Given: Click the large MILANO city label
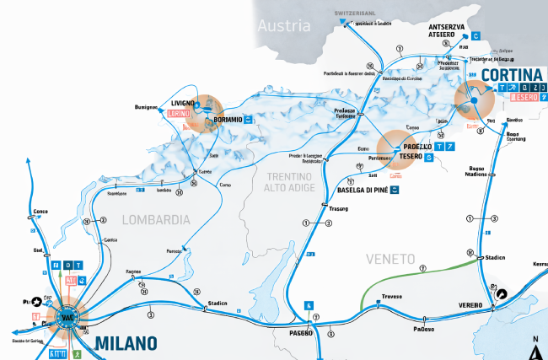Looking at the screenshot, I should pos(126,343).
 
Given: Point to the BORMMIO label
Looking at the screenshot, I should pos(228,121).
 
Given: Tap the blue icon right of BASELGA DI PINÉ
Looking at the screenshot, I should pos(394,191).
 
